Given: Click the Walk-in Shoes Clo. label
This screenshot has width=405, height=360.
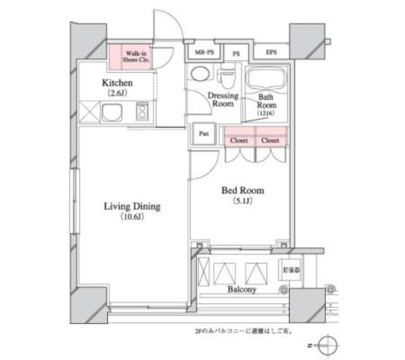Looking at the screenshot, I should click(135, 57).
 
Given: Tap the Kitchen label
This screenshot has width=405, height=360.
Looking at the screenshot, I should click(117, 84).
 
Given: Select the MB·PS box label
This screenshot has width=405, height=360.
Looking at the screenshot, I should click(202, 53).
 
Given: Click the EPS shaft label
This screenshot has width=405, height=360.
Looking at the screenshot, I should click(271, 53).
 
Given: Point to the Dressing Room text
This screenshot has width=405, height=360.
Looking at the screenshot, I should click(223, 100).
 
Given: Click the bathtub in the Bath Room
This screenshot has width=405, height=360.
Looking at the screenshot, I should click(265, 80).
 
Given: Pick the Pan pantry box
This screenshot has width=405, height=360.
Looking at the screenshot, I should click(203, 134).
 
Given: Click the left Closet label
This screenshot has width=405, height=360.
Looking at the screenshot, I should click(239, 141).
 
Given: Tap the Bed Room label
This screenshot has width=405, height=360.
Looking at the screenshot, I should click(242, 190).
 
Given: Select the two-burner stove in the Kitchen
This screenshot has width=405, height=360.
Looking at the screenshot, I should click(141, 113).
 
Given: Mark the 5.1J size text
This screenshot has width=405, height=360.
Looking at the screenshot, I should click(242, 201).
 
